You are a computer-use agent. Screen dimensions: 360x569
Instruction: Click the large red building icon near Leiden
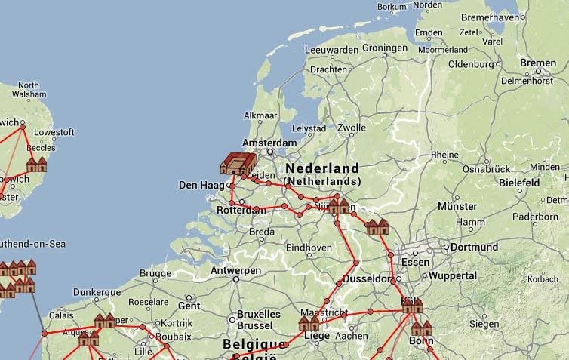click(238, 164)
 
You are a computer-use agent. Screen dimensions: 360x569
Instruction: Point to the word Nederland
click(322, 168)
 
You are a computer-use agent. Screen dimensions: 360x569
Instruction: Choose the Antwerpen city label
click(236, 270)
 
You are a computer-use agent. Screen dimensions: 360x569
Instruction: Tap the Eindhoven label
click(309, 248)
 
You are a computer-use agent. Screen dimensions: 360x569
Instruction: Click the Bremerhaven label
click(491, 17)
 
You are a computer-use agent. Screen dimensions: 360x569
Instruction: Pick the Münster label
click(457, 206)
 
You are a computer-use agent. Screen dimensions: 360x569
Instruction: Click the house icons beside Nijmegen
click(339, 205)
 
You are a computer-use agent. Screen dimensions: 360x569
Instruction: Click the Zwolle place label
click(352, 128)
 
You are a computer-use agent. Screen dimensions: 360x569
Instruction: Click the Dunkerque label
click(97, 292)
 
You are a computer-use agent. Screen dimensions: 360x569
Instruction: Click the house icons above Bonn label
click(420, 328)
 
